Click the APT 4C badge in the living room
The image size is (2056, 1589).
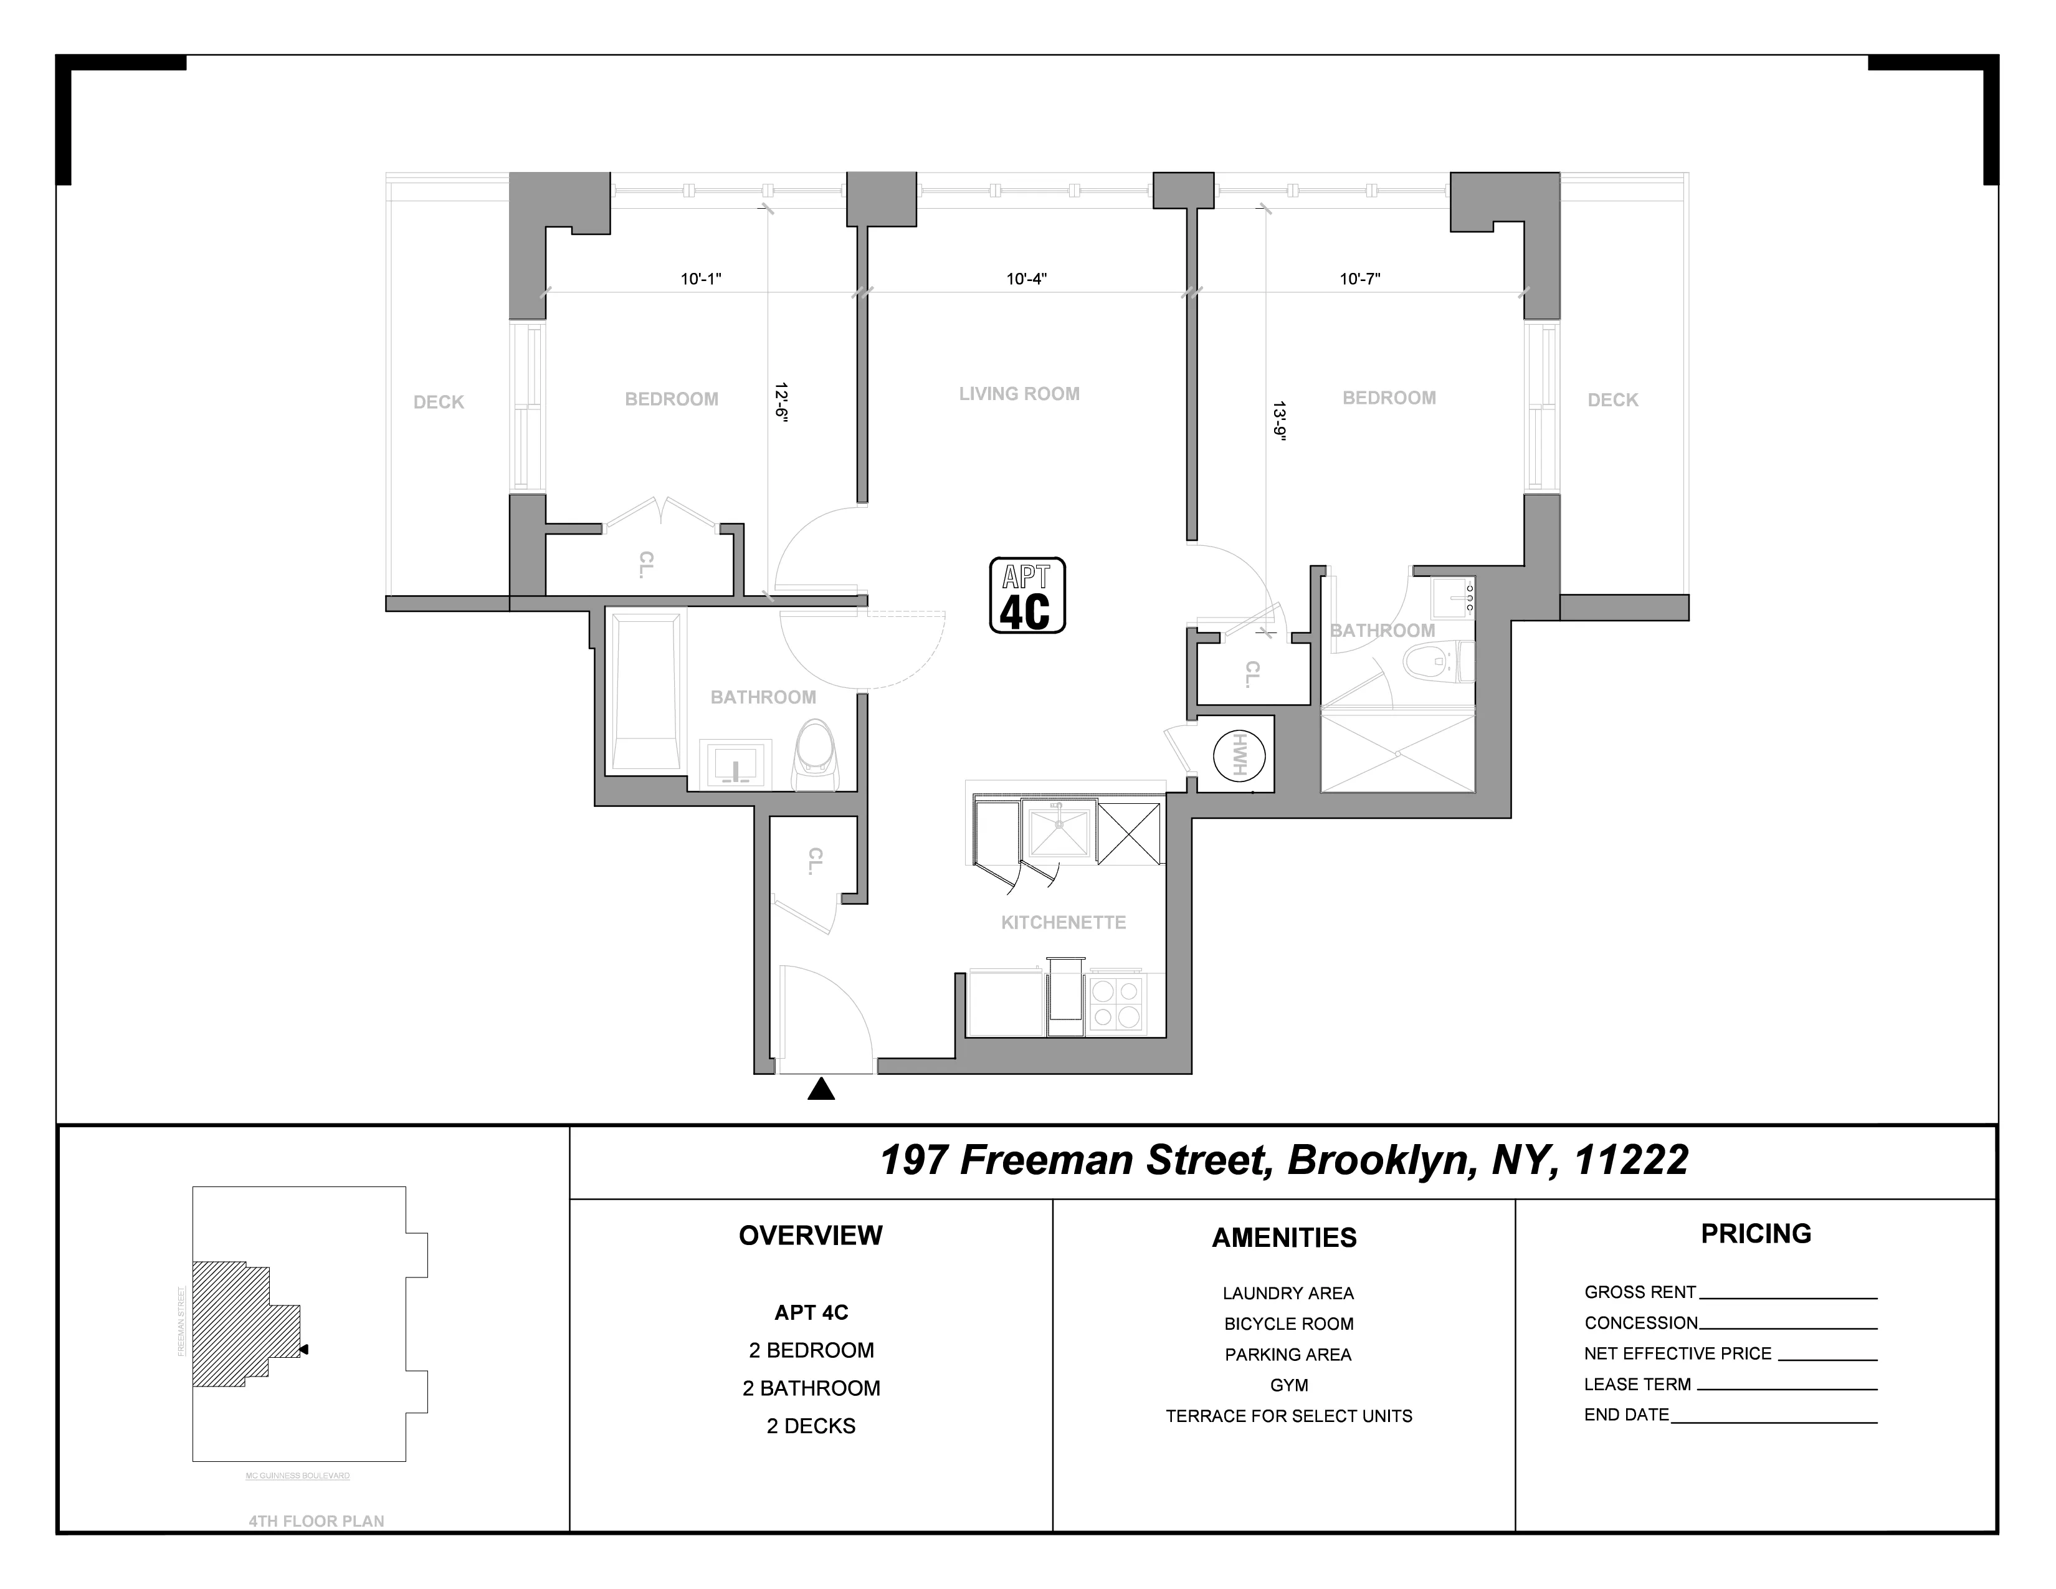pos(1026,595)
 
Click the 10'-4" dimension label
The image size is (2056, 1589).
pos(1026,279)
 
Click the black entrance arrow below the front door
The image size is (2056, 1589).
pos(822,1089)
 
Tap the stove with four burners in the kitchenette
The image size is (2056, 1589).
pos(1116,1003)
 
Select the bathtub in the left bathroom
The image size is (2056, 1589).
pos(646,691)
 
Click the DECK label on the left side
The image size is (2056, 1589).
pos(439,402)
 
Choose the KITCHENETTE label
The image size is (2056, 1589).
pos(1063,922)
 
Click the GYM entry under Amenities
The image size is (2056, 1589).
pos(1289,1385)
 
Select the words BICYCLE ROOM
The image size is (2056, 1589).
pos(1289,1324)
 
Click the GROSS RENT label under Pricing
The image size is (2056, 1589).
pos(1640,1292)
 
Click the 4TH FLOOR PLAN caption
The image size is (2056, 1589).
pos(316,1520)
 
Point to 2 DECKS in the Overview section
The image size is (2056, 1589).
pos(811,1425)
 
